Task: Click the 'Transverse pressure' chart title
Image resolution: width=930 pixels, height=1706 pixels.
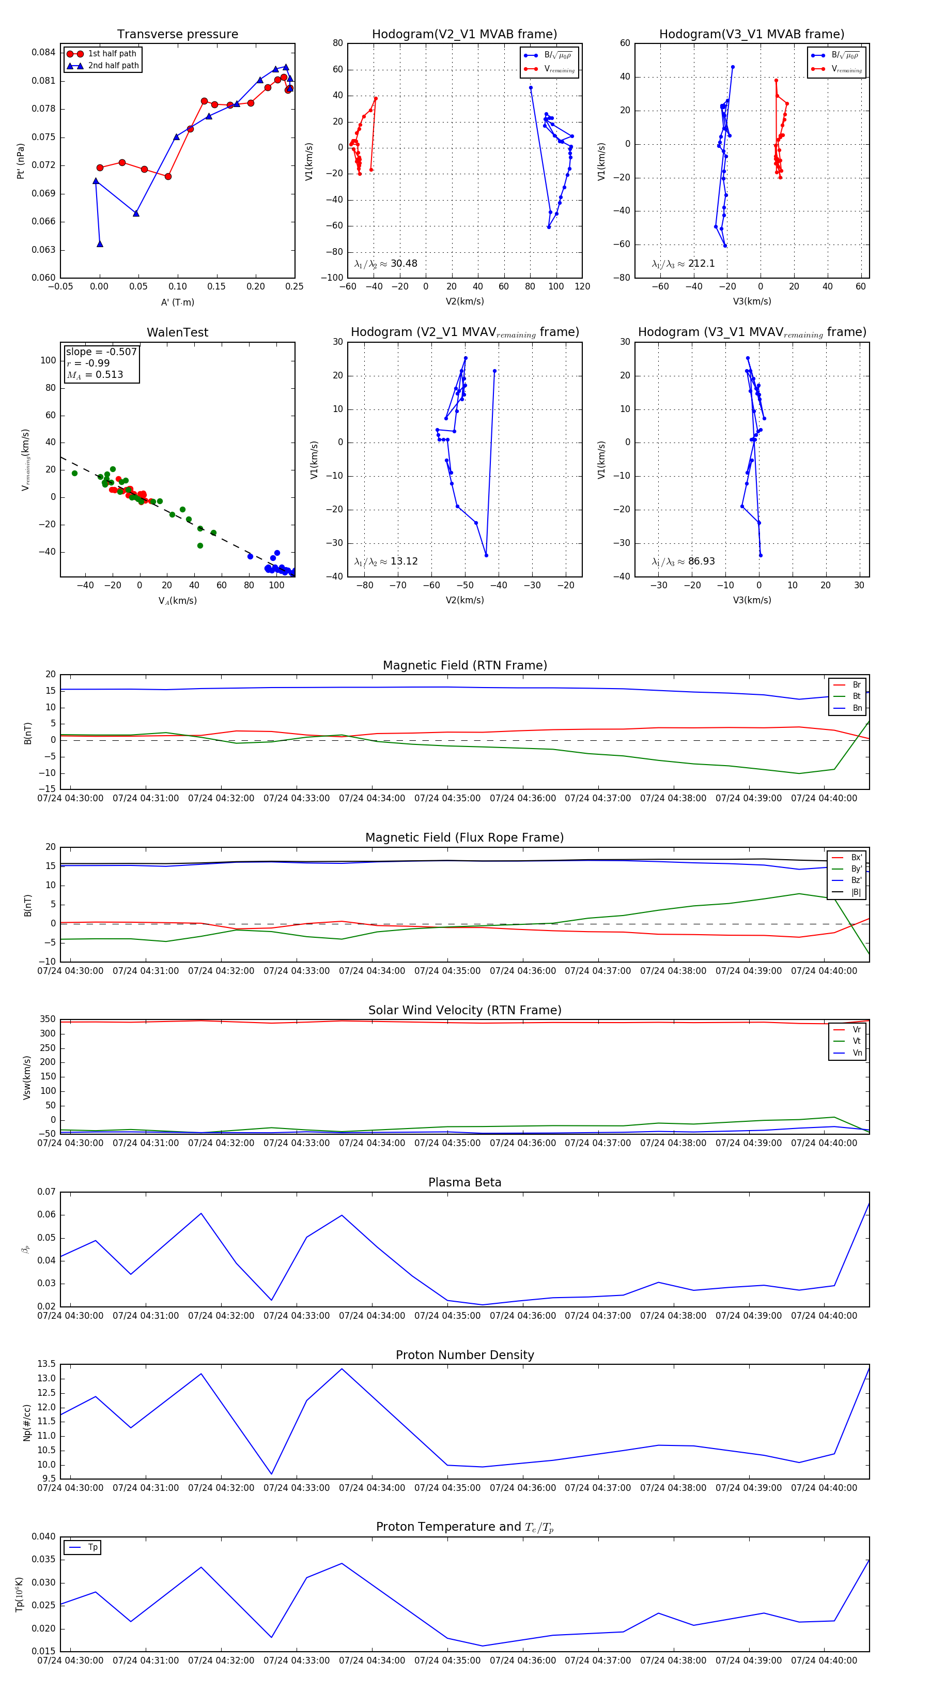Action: (177, 35)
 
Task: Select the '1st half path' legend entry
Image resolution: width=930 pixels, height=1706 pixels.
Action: (112, 54)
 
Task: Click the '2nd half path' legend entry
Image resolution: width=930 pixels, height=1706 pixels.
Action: (113, 66)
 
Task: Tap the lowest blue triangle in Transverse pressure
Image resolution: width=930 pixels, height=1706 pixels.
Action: (100, 243)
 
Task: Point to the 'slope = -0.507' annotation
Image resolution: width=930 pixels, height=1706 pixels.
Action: (101, 352)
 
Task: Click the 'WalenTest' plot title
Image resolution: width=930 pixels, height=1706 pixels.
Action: (177, 332)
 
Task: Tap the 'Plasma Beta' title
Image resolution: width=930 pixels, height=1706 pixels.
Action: (464, 1182)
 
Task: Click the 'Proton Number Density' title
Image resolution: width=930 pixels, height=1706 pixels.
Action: (464, 1355)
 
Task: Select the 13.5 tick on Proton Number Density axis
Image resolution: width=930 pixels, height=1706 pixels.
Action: (47, 1364)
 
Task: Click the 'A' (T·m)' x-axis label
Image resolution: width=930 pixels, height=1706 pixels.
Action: (177, 302)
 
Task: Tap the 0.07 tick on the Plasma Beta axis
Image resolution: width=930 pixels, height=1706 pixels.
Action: (47, 1192)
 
